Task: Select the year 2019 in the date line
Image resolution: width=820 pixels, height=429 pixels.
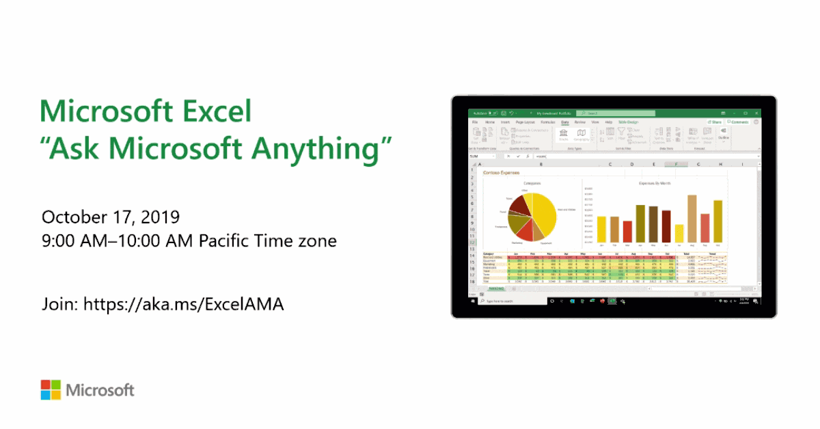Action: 161,217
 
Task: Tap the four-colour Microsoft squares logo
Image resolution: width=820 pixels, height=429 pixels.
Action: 50,390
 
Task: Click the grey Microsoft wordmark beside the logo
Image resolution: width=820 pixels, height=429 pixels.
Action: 100,390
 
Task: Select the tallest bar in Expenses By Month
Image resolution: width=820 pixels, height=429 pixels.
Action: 692,219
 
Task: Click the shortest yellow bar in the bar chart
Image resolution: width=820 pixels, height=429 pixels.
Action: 679,234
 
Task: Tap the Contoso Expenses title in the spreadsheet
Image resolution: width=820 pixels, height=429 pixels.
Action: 501,173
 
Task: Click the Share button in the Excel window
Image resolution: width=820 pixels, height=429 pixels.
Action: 715,122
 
